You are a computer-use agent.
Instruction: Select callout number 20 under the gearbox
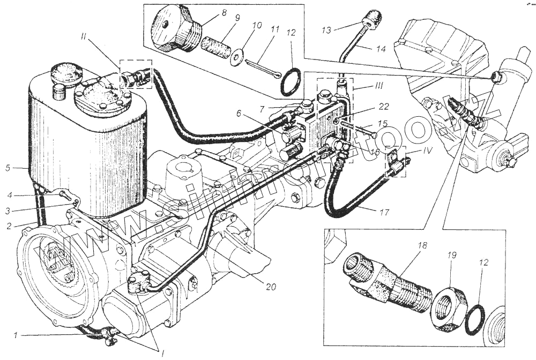click(271, 287)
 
